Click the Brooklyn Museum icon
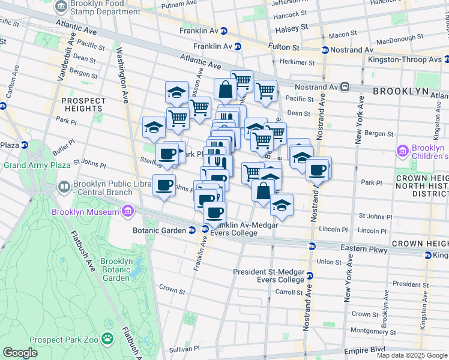click(127, 211)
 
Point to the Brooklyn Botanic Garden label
click(116, 269)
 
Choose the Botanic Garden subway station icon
click(191, 229)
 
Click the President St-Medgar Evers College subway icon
click(310, 275)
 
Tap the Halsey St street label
click(291, 28)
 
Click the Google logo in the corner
click(20, 353)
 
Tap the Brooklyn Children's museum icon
click(403, 149)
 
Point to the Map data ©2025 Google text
click(411, 355)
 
